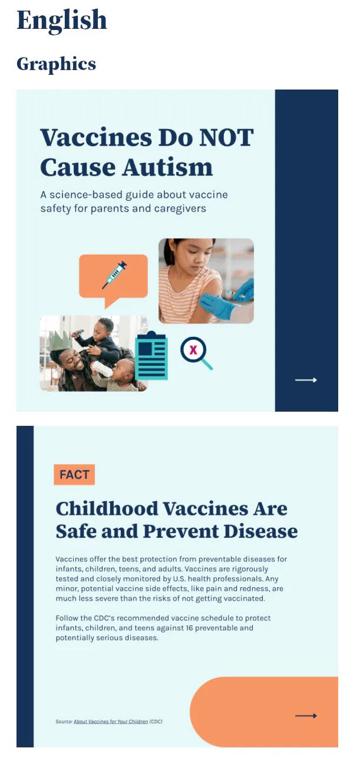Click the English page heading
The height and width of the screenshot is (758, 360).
point(62,20)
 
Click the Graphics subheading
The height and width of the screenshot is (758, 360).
point(56,64)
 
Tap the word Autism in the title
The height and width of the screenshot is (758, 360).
point(167,167)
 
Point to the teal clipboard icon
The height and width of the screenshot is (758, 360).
point(151,356)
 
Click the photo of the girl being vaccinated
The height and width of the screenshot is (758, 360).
point(206,280)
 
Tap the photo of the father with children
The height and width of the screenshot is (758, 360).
point(93,353)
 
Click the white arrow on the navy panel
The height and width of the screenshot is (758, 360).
point(306,380)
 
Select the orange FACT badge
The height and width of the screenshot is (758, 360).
point(74,475)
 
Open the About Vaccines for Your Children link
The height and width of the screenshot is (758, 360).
point(111,721)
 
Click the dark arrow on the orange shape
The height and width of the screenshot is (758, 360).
point(306,716)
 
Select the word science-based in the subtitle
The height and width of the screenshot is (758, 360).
point(85,194)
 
